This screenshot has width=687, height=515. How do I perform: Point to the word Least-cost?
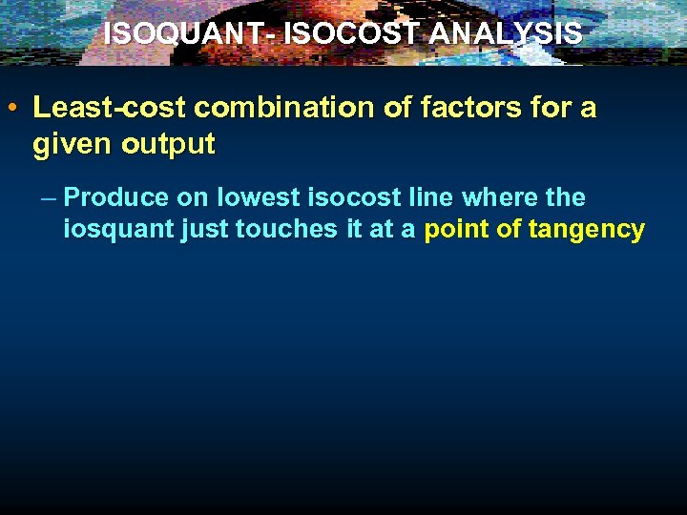[92, 108]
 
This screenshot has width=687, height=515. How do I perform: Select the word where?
[494, 198]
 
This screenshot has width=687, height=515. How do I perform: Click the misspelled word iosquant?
[118, 230]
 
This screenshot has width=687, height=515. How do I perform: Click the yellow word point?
[455, 230]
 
